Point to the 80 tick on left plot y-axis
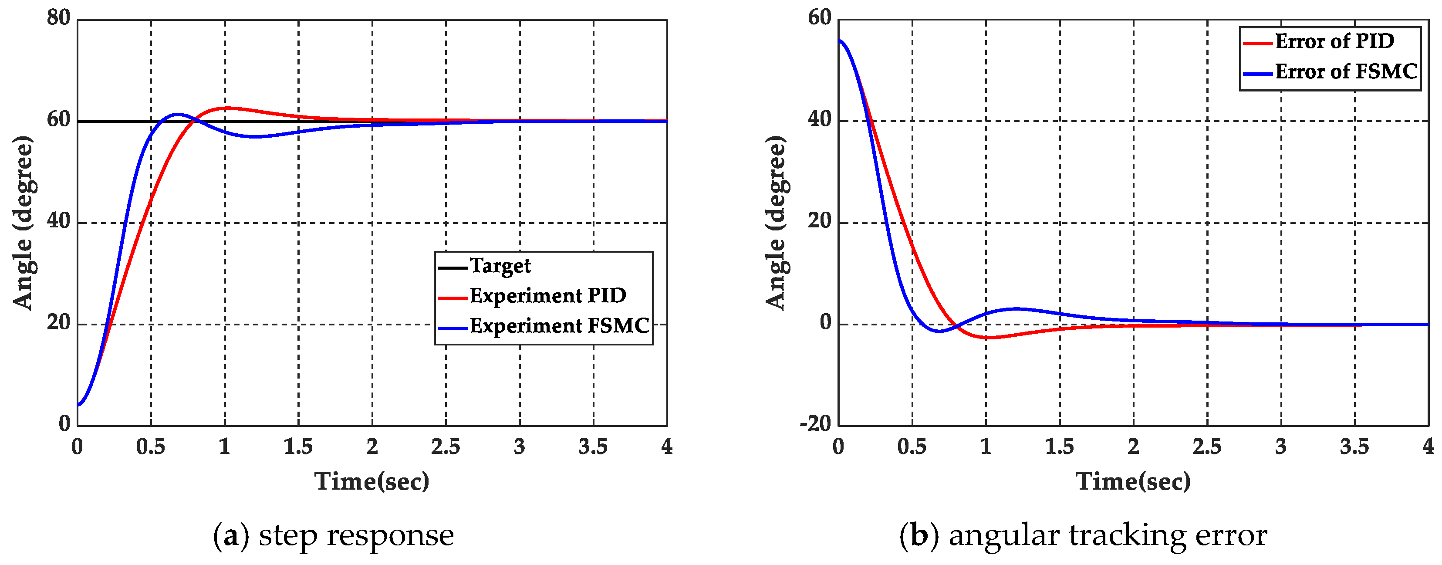click(58, 18)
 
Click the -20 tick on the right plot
click(816, 424)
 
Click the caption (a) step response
click(334, 535)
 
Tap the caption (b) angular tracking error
click(1083, 535)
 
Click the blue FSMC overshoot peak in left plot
click(177, 114)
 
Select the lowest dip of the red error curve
click(989, 338)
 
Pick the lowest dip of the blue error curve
click(939, 332)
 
